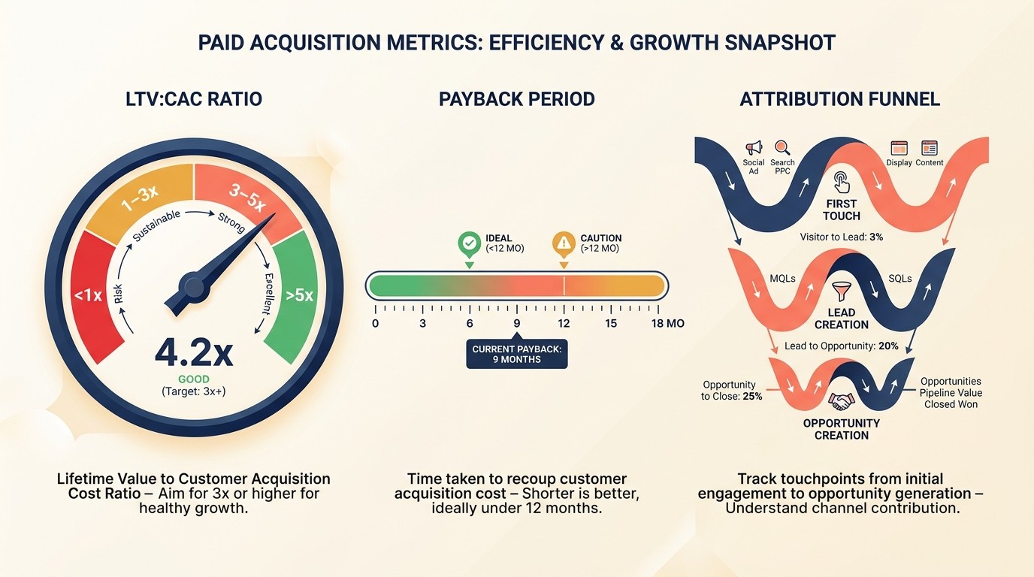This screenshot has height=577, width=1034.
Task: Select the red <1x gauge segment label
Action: pyautogui.click(x=88, y=295)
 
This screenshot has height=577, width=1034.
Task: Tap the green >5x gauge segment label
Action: pyautogui.click(x=299, y=295)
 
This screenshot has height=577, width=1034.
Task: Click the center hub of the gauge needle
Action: pyautogui.click(x=193, y=286)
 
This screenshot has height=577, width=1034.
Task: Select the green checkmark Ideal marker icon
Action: pyautogui.click(x=469, y=243)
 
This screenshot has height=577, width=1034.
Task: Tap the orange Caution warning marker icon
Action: pyautogui.click(x=564, y=243)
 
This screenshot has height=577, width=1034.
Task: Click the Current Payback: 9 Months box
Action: pyautogui.click(x=517, y=354)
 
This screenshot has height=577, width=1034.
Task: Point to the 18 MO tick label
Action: pyautogui.click(x=667, y=324)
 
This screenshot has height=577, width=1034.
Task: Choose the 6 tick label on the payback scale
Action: pyautogui.click(x=470, y=324)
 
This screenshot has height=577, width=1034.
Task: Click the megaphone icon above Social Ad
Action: pyautogui.click(x=753, y=148)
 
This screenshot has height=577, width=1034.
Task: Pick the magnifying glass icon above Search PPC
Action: pyautogui.click(x=782, y=148)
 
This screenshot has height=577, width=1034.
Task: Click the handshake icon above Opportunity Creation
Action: pyautogui.click(x=841, y=401)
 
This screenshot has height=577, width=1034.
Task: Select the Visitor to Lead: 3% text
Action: pyautogui.click(x=841, y=237)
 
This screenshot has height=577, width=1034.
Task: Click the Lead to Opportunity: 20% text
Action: pyautogui.click(x=841, y=346)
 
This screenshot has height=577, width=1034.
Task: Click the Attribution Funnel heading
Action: pyautogui.click(x=839, y=99)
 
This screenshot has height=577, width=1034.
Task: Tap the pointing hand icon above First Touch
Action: pyautogui.click(x=841, y=183)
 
